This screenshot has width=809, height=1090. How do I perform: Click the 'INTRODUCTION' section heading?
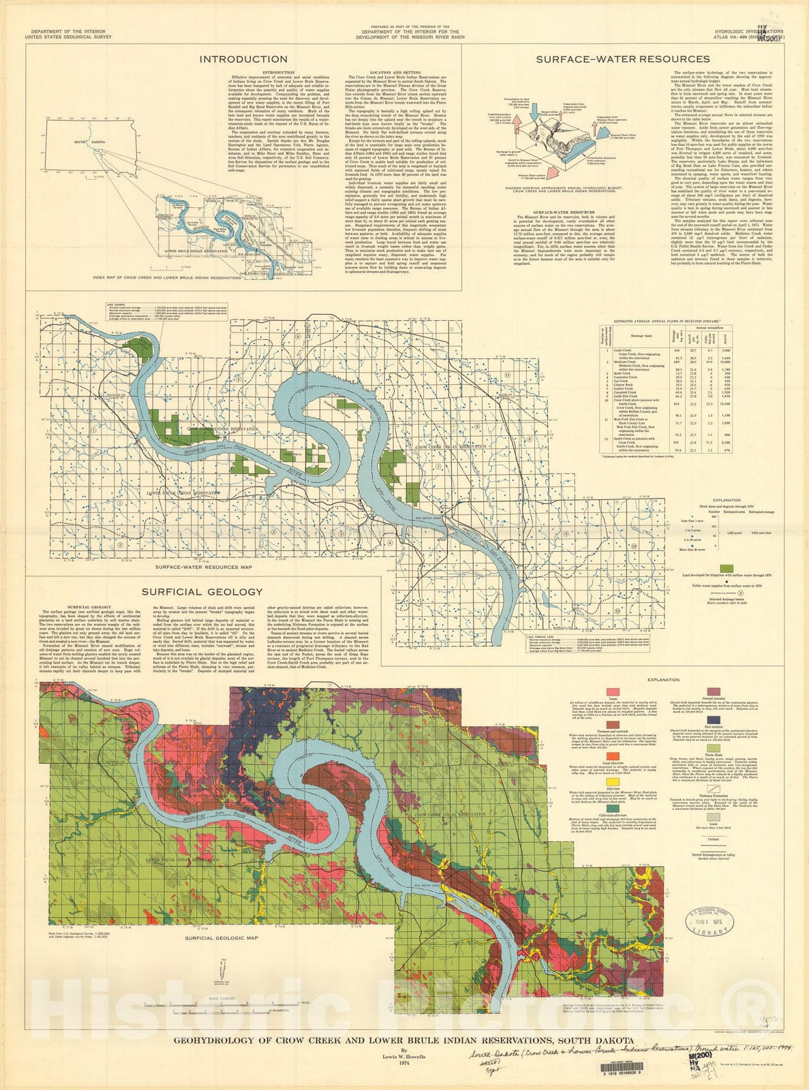tap(243, 59)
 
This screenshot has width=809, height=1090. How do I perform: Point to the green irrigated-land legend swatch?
tap(727, 568)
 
